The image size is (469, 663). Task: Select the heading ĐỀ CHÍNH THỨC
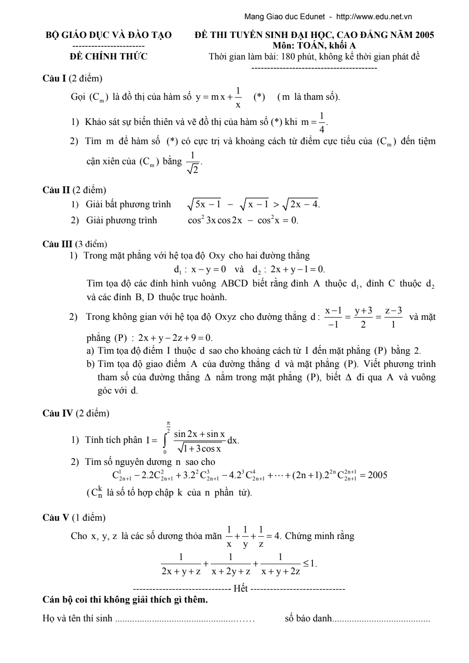109,57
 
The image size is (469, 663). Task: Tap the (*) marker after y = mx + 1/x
259,97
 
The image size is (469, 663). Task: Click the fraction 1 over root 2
193,162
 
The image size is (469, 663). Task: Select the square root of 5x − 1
204,205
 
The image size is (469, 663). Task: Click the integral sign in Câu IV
165,440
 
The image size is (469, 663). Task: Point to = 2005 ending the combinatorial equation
371,475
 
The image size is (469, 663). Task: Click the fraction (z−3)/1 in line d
393,317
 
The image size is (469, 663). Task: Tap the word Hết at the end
240,588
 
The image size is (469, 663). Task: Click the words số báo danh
307,619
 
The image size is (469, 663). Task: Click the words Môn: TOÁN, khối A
314,45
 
